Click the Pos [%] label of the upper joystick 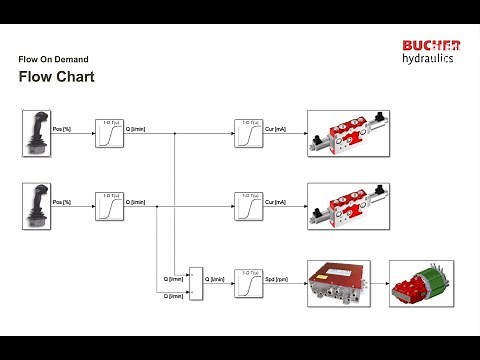pos(61,130)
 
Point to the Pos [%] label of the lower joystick pos(61,202)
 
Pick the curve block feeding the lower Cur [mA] pos(247,206)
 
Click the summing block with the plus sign pos(195,282)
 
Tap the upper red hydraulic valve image pos(347,133)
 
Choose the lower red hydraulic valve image pos(347,205)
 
